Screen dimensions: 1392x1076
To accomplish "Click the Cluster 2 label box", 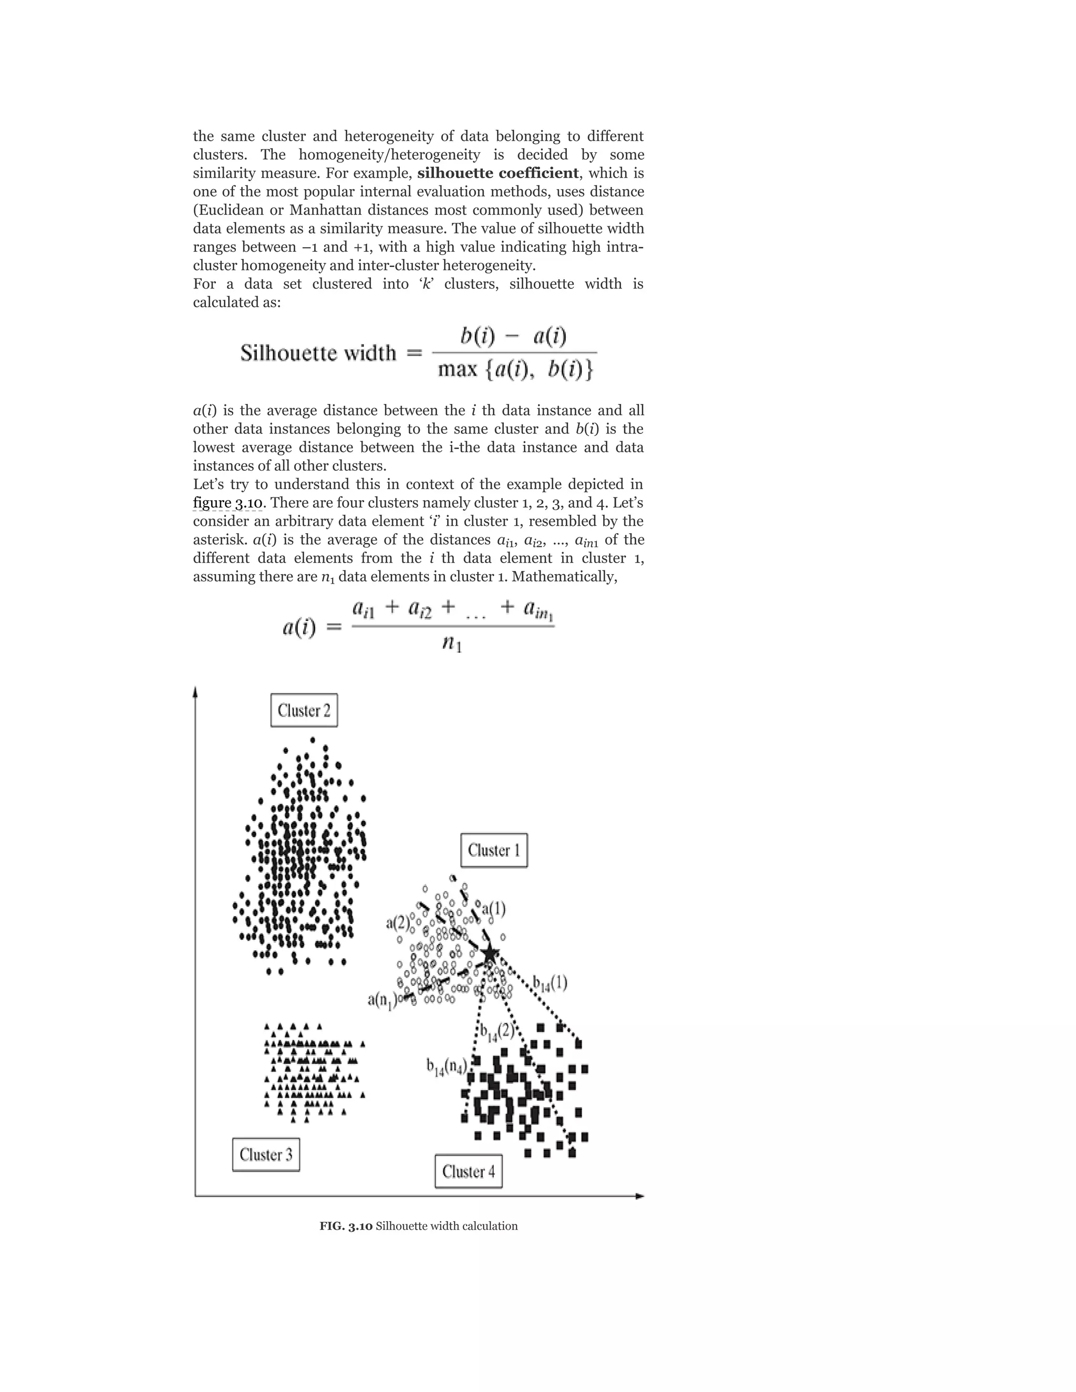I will click(304, 710).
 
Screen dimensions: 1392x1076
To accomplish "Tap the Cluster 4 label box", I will click(469, 1171).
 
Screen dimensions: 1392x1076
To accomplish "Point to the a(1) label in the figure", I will click(493, 909).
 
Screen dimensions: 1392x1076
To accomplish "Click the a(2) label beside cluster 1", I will click(398, 922).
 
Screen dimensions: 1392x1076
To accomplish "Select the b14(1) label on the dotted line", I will click(550, 983).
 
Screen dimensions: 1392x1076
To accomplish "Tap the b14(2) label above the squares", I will click(496, 1031).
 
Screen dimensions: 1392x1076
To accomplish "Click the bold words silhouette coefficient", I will click(498, 173).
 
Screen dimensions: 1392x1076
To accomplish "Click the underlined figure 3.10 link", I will click(227, 503).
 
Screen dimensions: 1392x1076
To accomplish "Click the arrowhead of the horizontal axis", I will click(640, 1196).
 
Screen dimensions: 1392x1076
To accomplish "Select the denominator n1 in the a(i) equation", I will click(452, 645).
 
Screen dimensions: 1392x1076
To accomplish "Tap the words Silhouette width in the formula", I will click(318, 352).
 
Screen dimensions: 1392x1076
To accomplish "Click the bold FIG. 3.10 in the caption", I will click(346, 1225).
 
